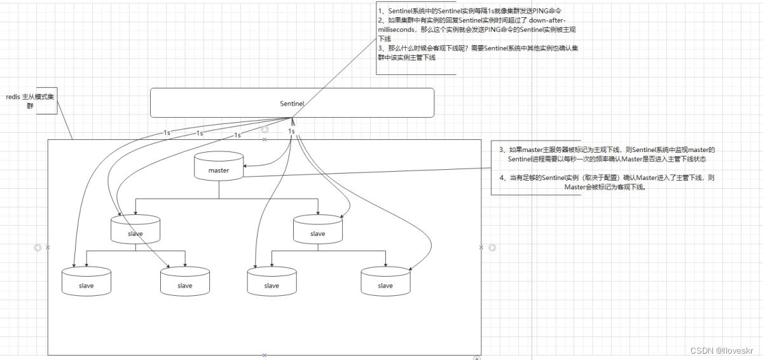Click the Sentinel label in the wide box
tap(292, 103)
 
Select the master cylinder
tap(219, 167)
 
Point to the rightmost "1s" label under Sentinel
tap(291, 131)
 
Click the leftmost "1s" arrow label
tap(167, 133)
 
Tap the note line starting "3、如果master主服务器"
tap(607, 150)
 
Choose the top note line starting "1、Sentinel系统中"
tap(470, 11)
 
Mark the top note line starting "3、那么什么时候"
tap(478, 48)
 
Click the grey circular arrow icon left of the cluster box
tap(38, 247)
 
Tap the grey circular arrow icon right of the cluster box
tap(491, 247)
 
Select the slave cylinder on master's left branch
tap(135, 230)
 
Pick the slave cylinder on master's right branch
tap(318, 230)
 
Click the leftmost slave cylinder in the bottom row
tap(86, 282)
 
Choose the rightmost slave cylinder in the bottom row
tap(385, 282)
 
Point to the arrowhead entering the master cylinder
tap(246, 167)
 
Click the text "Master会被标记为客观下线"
tap(604, 188)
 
